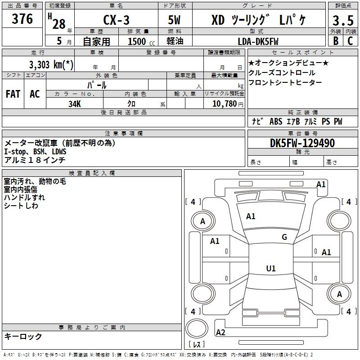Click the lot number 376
(22, 19)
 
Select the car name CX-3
(116, 20)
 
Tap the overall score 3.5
(343, 20)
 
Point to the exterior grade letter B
(336, 41)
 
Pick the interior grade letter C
(350, 41)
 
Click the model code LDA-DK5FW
(258, 41)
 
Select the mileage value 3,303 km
(51, 64)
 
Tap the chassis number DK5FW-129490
(302, 143)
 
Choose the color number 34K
(75, 104)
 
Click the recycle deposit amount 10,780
(225, 104)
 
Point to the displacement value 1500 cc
(141, 41)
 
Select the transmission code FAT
(13, 94)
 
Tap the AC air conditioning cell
(35, 94)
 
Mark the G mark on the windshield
(284, 237)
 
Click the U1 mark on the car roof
(271, 268)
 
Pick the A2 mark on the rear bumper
(220, 332)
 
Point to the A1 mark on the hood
(251, 216)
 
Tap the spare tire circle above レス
(197, 328)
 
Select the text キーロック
(23, 336)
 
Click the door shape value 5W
(174, 20)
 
